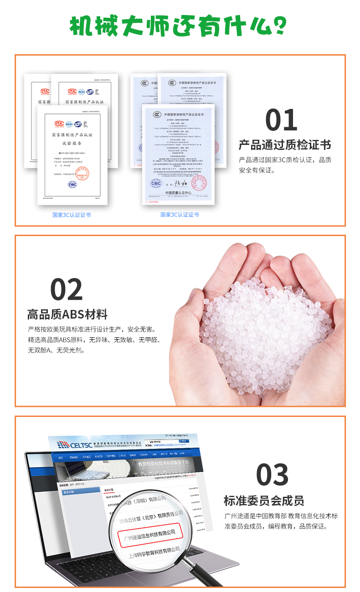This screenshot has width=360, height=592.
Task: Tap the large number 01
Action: pos(281,120)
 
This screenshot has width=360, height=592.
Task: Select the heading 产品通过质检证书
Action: pos(284,145)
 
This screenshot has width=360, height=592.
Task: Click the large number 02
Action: pos(66,289)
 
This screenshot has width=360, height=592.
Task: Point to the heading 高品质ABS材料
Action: pos(67,314)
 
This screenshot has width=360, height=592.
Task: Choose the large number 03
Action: pos(272,474)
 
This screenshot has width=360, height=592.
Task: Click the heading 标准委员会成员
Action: pos(264,500)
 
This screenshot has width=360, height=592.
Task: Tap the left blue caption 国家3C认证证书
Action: pos(72,215)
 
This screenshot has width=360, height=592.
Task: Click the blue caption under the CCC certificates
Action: pos(180,215)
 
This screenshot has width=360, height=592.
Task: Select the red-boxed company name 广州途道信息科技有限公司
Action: pos(150,532)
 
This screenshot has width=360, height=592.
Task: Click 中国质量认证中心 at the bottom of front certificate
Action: pos(178,194)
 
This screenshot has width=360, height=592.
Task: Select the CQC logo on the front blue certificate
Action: pos(157,184)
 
